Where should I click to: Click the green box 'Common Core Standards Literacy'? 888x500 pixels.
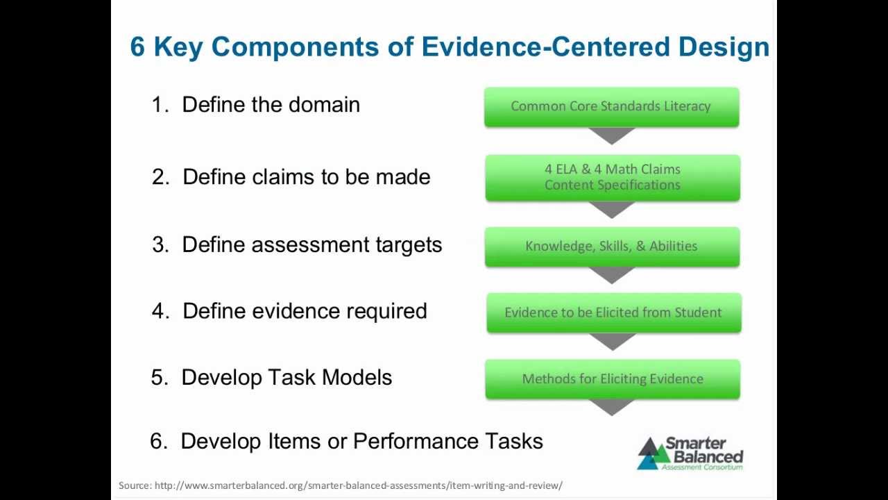611,106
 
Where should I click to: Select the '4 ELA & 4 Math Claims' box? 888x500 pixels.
613,177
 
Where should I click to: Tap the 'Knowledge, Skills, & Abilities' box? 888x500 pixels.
612,246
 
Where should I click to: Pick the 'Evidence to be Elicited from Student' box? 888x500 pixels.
613,312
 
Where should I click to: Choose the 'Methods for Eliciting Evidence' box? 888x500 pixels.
613,378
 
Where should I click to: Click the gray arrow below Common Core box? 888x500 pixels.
612,135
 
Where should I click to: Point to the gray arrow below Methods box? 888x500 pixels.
612,408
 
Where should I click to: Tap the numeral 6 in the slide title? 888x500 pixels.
137,47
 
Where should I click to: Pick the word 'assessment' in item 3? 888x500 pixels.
310,245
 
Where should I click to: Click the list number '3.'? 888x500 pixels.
160,245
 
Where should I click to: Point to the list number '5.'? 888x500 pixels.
160,378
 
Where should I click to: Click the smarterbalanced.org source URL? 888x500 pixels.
358,485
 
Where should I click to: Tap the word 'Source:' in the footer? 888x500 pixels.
135,485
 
